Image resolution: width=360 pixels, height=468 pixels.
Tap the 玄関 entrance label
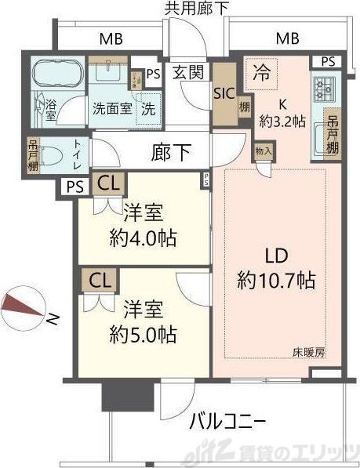pyautogui.click(x=188, y=72)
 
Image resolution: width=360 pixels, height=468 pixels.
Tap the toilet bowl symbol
pyautogui.click(x=47, y=156)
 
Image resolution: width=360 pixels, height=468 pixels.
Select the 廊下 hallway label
pyautogui.click(x=171, y=152)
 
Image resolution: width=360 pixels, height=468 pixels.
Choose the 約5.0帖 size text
pyautogui.click(x=142, y=334)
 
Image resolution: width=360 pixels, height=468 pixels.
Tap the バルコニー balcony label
pyautogui.click(x=227, y=423)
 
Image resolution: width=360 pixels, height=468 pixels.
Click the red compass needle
pyautogui.click(x=23, y=307)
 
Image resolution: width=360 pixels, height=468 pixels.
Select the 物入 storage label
pyautogui.click(x=263, y=150)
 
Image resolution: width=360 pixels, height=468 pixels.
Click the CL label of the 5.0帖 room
pyautogui.click(x=99, y=280)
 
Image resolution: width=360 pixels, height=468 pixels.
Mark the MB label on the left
pyautogui.click(x=110, y=38)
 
